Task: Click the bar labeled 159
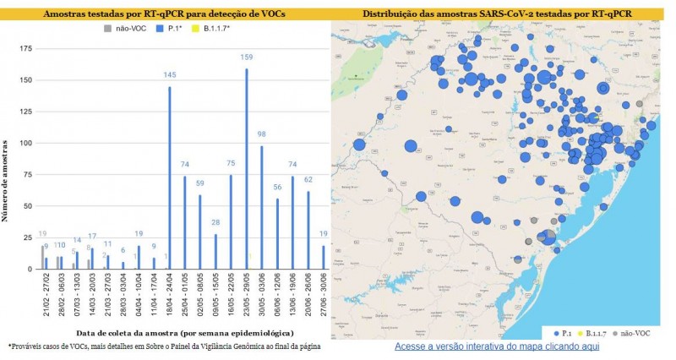[x=247, y=169]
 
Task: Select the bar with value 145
[x=170, y=177]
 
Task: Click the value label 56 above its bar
[x=277, y=188]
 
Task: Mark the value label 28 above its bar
[x=215, y=223]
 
